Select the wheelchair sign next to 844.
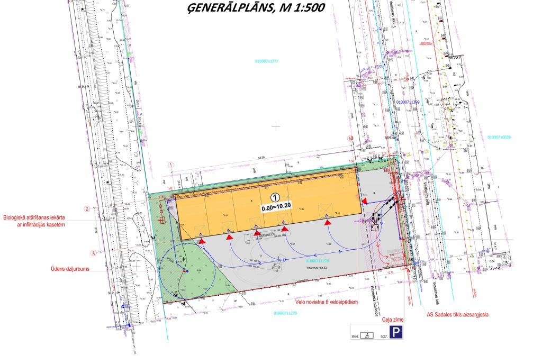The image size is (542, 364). [x=369, y=335]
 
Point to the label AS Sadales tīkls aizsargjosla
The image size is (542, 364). [x=457, y=314]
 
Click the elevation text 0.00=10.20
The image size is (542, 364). [x=276, y=208]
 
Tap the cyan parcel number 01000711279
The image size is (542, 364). [x=286, y=313]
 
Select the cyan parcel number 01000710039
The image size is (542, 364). [x=501, y=137]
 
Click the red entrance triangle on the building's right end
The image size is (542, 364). [x=365, y=201]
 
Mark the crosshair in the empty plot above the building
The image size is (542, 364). [x=275, y=126]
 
